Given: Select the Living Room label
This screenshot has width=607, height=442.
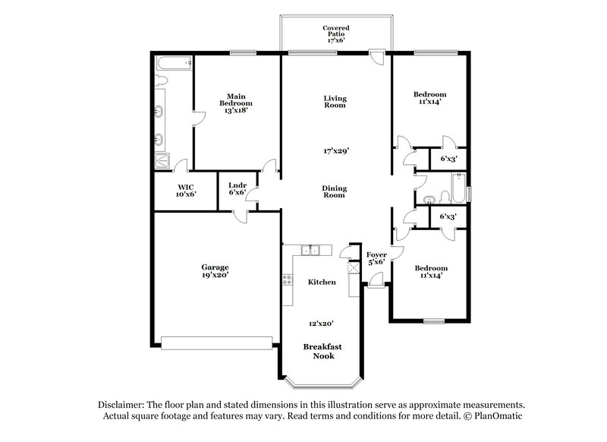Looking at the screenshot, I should (x=335, y=101).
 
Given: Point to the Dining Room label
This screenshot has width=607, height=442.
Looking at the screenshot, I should (x=335, y=191).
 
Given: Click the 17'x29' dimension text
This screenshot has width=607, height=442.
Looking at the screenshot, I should (x=335, y=151).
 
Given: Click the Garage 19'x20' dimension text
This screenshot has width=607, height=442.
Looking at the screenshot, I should (x=215, y=275).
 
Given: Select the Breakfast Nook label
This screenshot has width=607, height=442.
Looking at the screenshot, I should (x=322, y=351).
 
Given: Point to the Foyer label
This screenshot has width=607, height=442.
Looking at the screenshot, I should (x=377, y=257).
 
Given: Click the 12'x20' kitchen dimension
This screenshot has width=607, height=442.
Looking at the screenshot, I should (x=321, y=323).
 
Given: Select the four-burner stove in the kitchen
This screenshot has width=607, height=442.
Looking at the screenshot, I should (x=288, y=281).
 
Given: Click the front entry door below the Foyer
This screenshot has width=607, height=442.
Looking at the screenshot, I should (x=375, y=285).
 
